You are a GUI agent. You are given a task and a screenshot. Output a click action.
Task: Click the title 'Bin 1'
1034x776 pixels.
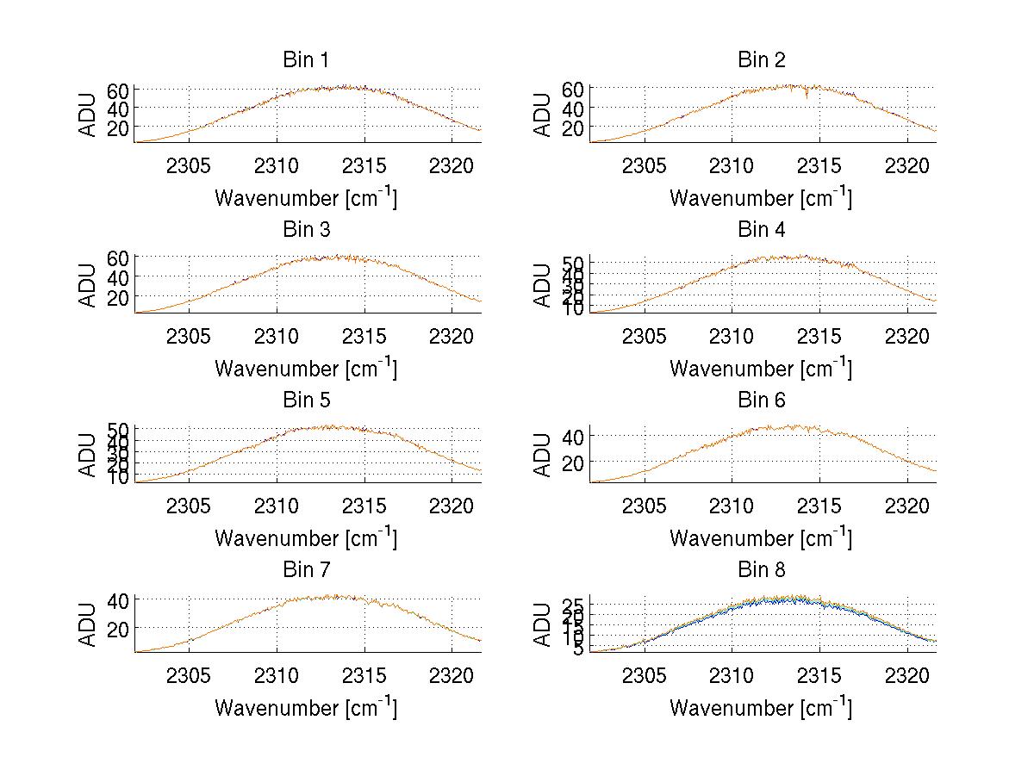click(306, 60)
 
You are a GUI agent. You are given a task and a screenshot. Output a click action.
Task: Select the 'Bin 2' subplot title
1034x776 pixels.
click(761, 60)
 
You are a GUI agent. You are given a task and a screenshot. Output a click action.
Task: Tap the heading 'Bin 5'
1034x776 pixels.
click(306, 400)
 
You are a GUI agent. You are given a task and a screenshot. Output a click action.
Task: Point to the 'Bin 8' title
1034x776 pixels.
click(761, 570)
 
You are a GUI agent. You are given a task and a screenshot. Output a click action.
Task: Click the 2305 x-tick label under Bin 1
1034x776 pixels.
click(189, 165)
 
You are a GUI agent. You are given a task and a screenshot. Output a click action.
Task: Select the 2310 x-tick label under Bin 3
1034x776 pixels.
click(277, 335)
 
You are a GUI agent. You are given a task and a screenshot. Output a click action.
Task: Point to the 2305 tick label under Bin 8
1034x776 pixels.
click(644, 675)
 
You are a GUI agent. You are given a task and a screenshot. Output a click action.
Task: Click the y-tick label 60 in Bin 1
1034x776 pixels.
click(118, 90)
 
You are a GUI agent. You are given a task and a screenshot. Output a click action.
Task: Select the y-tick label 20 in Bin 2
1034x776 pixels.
click(573, 127)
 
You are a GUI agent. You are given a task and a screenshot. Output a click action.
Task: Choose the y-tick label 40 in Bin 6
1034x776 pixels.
click(573, 437)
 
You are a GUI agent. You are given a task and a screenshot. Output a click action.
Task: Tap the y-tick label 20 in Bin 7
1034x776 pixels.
click(118, 630)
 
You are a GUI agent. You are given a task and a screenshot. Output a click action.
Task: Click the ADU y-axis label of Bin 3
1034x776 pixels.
click(88, 284)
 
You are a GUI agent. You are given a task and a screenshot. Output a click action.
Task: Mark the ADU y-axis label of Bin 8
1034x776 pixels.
click(543, 624)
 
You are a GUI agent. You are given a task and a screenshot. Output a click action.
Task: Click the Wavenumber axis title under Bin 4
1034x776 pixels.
click(761, 369)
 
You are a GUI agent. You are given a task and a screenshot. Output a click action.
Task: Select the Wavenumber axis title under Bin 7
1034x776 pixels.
click(306, 708)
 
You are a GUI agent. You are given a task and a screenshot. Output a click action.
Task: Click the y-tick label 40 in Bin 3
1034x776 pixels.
click(118, 277)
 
